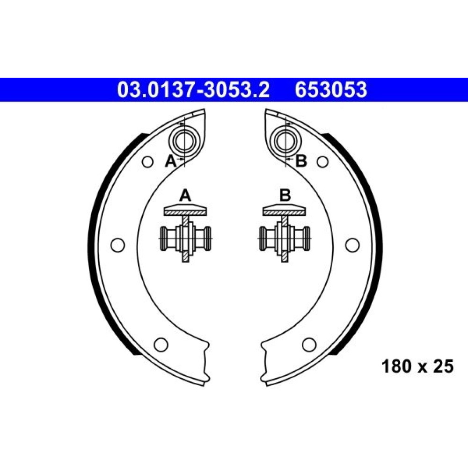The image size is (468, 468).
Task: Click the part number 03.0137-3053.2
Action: coord(193,90)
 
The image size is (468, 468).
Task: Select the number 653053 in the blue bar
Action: coord(331,90)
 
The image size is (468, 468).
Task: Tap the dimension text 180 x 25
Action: coord(417,366)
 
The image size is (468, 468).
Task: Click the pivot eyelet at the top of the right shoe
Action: coord(285,141)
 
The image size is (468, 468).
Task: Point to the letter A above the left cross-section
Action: coord(185,196)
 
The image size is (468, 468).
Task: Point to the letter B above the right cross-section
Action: coord(285,196)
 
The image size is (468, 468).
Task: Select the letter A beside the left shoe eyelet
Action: coord(171,161)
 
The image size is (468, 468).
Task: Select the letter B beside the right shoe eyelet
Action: coord(301,161)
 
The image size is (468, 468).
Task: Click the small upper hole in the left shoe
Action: coord(147,162)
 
